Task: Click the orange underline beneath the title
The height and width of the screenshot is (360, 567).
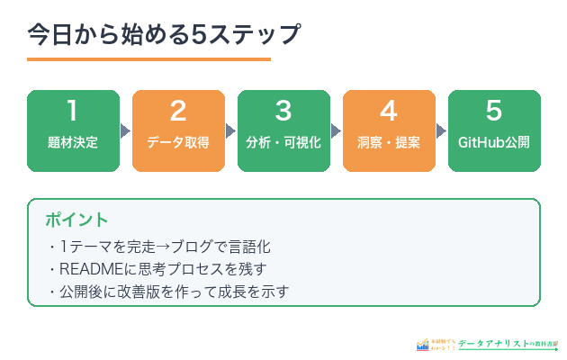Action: coord(148,59)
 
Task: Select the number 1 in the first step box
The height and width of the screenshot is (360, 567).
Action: coord(73,112)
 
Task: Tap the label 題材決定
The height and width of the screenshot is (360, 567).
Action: coord(73,143)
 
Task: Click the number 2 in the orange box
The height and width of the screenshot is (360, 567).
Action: coord(178,112)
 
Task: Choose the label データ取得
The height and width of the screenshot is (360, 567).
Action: coord(178,143)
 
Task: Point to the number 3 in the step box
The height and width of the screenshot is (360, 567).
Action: coord(283,112)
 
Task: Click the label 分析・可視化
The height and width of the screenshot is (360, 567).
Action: coord(283,143)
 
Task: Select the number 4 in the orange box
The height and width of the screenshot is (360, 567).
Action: coord(389,112)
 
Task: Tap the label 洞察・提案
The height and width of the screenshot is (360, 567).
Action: coord(389,143)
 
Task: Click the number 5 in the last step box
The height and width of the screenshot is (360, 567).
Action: coord(494,112)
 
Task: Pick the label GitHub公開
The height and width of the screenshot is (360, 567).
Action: coord(494,143)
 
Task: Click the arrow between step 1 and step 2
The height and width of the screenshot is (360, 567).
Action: coord(126,130)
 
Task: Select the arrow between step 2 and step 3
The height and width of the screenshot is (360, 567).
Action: coord(231,130)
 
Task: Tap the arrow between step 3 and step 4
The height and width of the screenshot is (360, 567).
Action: coord(337,130)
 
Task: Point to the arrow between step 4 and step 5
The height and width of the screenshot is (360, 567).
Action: coord(442,130)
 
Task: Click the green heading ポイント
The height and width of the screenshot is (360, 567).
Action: coord(76,220)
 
